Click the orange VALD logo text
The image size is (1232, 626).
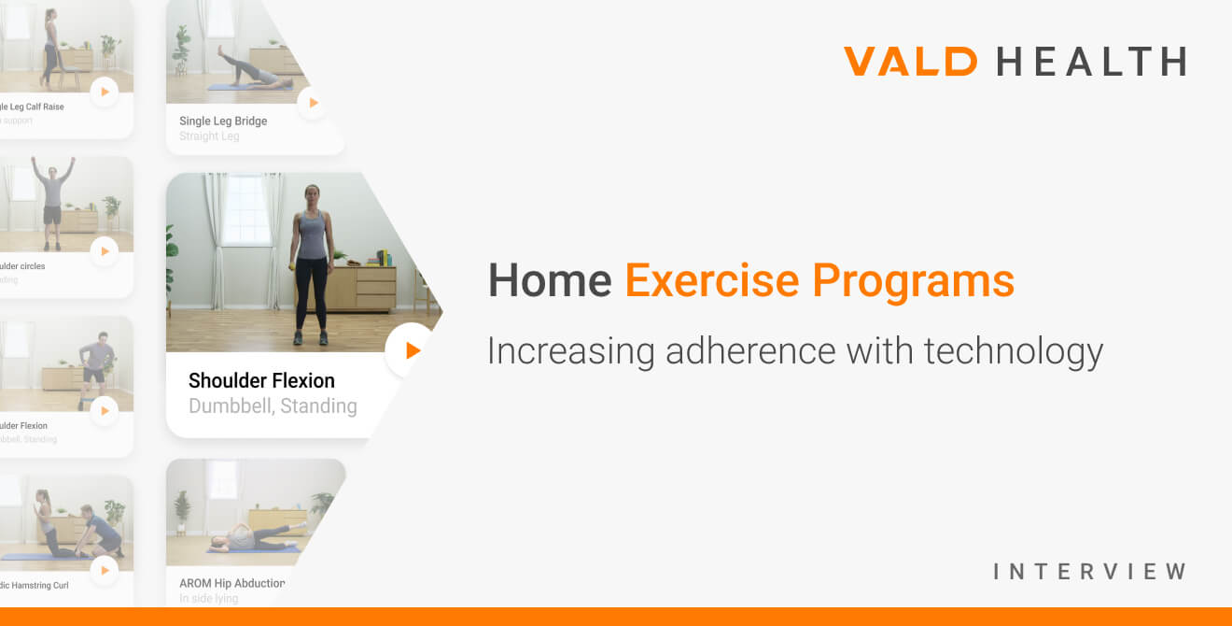click(910, 62)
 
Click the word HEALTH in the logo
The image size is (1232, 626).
click(1091, 62)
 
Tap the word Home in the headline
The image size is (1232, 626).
click(550, 280)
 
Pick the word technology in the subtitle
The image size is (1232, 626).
click(1013, 351)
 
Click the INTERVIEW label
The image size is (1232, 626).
click(1089, 571)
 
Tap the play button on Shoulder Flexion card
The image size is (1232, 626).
click(412, 350)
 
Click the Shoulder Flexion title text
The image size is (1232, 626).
click(261, 380)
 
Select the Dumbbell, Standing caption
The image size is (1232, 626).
click(273, 405)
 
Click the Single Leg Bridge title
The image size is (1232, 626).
click(223, 121)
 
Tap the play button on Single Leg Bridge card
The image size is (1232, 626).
click(313, 103)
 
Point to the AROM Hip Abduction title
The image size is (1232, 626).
click(232, 583)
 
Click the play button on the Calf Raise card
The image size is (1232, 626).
click(104, 92)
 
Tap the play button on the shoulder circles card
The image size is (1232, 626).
click(104, 250)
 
